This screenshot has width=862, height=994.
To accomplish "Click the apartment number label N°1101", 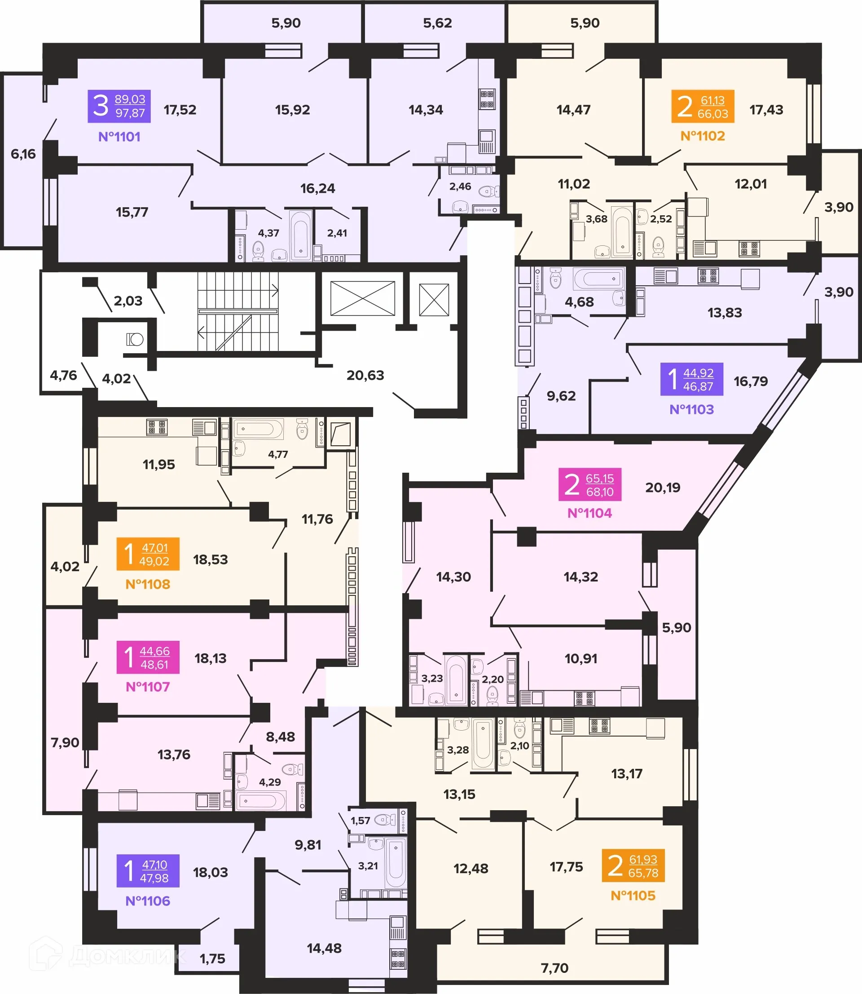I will pyautogui.click(x=119, y=137).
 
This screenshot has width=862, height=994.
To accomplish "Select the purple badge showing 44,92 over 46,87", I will pyautogui.click(x=691, y=379).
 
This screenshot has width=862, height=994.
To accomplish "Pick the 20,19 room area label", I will pyautogui.click(x=662, y=488).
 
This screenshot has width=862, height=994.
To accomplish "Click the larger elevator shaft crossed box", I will pyautogui.click(x=362, y=299).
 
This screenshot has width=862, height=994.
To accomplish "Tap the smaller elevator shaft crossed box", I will pyautogui.click(x=434, y=300).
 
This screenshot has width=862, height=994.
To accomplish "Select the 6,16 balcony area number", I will pyautogui.click(x=23, y=154).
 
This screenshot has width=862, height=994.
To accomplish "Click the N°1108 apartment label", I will pyautogui.click(x=148, y=584).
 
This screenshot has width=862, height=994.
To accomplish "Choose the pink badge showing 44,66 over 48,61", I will pyautogui.click(x=148, y=657).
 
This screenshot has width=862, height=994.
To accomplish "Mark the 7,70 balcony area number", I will pyautogui.click(x=554, y=968).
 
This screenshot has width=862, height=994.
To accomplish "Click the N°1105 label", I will pyautogui.click(x=633, y=896).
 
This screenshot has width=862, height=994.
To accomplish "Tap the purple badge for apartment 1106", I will pyautogui.click(x=148, y=871).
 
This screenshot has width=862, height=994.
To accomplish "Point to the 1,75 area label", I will pyautogui.click(x=212, y=959).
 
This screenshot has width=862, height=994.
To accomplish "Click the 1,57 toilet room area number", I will pyautogui.click(x=360, y=821).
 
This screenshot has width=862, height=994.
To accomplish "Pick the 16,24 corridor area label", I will pyautogui.click(x=317, y=189).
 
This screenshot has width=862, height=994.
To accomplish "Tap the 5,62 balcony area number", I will pyautogui.click(x=437, y=23).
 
